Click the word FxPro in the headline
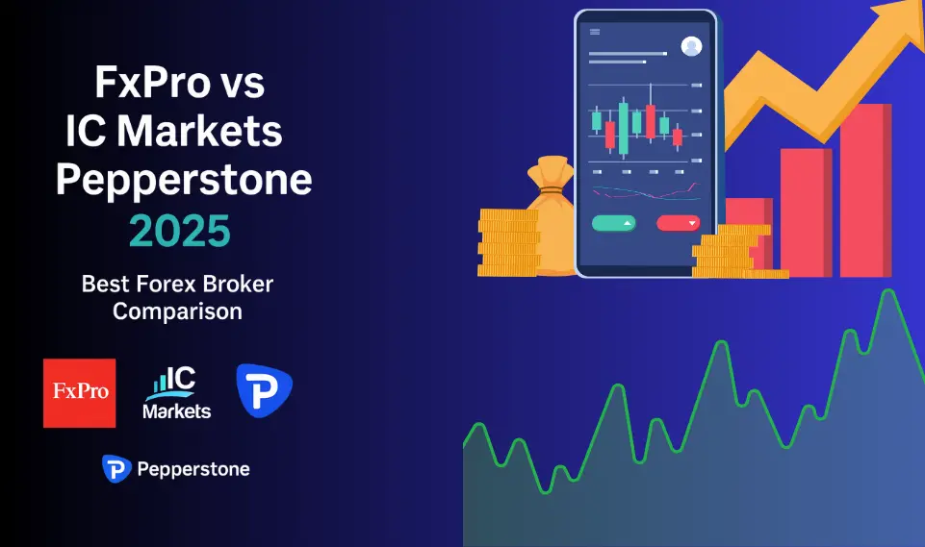(x=152, y=85)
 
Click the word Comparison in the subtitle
(x=177, y=311)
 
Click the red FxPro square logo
(x=79, y=392)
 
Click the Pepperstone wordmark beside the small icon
(x=193, y=469)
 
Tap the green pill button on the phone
(x=613, y=223)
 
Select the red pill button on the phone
(x=678, y=223)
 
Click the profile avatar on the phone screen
(x=691, y=45)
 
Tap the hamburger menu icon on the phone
(x=595, y=32)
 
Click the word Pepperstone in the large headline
(x=183, y=180)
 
